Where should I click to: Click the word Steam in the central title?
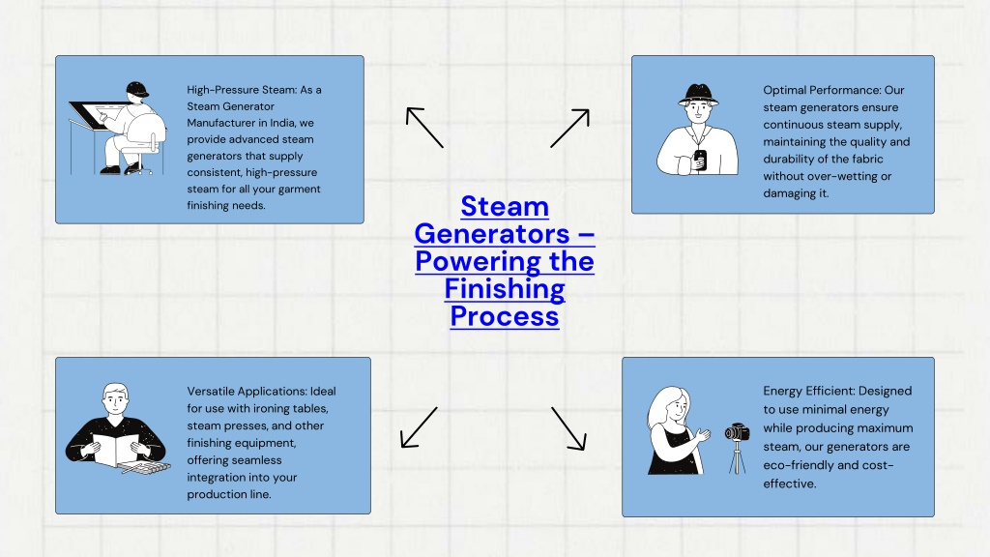[505, 207]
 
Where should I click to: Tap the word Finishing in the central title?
[505, 289]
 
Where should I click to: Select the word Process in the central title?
[505, 316]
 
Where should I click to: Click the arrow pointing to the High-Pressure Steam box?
[424, 128]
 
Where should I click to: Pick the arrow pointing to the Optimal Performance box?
[570, 129]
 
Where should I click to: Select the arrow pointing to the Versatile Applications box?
[419, 427]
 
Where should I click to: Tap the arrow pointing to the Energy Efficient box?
[568, 428]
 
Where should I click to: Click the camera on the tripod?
[737, 432]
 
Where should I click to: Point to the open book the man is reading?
[116, 449]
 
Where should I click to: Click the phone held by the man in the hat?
[700, 160]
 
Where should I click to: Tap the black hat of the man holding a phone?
[698, 95]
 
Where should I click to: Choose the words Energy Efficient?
[800, 391]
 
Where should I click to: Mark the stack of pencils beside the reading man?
[147, 468]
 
